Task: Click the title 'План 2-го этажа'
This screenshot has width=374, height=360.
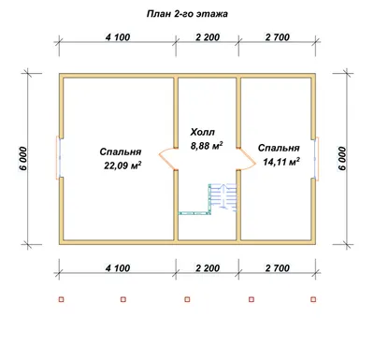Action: (x=187, y=14)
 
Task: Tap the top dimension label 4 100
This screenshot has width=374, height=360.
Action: (x=118, y=37)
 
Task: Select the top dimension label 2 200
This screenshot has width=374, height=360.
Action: (x=208, y=37)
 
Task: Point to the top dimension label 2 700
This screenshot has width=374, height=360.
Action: (x=278, y=37)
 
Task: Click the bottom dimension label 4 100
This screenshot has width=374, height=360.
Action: (x=118, y=268)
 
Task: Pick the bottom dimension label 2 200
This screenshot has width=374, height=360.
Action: (x=208, y=268)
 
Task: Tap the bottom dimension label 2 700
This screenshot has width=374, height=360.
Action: (x=278, y=268)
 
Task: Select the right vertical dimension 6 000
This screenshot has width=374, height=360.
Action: (x=342, y=158)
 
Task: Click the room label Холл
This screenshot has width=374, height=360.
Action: (x=203, y=132)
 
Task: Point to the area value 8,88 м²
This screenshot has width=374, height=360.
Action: (x=207, y=146)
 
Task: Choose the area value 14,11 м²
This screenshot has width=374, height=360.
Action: (x=281, y=162)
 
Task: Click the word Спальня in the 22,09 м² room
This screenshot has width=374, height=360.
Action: (x=121, y=152)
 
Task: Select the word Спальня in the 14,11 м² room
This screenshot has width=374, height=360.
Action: (x=279, y=148)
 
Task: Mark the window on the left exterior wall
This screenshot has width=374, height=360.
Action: (x=59, y=157)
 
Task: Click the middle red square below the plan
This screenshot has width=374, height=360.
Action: (x=187, y=299)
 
